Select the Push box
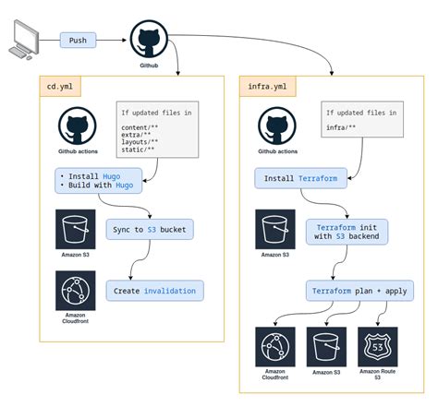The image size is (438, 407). click(78, 41)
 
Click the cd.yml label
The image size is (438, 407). click(63, 88)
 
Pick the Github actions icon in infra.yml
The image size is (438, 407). click(278, 126)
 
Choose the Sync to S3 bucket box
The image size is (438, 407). click(149, 228)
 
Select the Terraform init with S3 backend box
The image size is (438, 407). click(347, 229)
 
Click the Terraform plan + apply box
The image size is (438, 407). click(359, 290)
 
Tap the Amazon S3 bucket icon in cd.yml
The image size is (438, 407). click(75, 227)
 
